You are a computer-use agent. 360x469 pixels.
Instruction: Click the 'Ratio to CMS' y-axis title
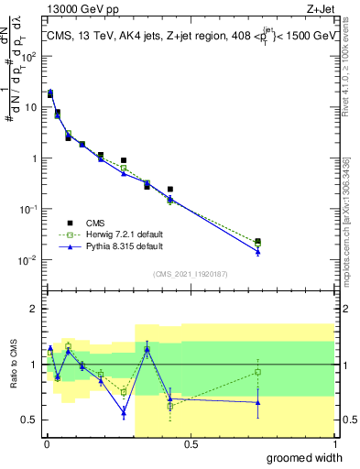[x=14, y=365]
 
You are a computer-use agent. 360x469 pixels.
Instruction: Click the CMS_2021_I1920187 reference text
[x=191, y=272]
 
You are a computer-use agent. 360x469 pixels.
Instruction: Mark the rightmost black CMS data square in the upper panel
[x=258, y=242]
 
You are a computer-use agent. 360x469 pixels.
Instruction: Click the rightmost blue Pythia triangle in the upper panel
[x=258, y=252]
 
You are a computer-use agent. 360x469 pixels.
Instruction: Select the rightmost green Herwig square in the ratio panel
[x=258, y=372]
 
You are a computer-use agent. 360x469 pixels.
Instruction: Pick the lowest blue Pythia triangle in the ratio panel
[x=124, y=413]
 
